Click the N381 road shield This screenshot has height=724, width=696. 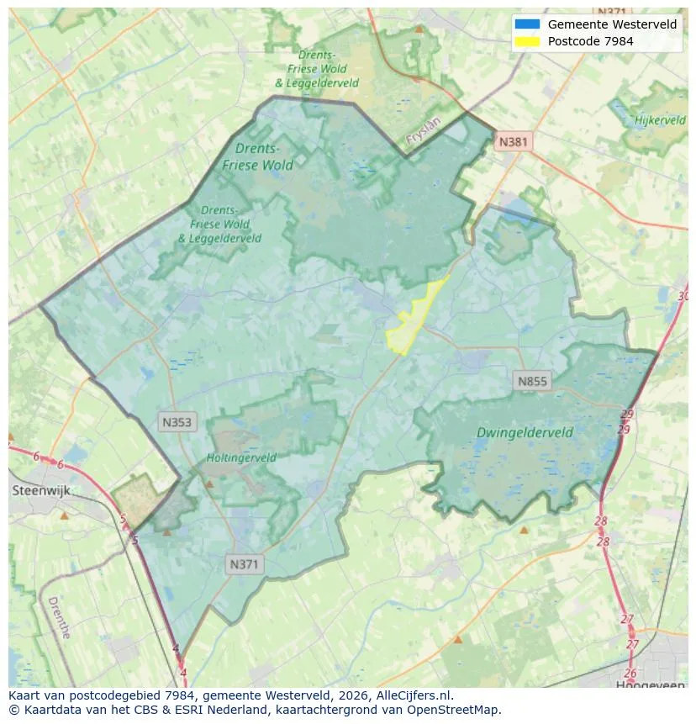513,141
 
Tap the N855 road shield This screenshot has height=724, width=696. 531,381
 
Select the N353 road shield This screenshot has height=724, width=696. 177,423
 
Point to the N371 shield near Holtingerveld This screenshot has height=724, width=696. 245,564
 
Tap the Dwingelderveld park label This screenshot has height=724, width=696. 525,432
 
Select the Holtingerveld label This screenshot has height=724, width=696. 241,458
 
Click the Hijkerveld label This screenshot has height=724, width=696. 660,120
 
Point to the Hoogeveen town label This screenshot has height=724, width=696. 650,684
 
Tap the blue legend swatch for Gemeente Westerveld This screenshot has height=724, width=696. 528,24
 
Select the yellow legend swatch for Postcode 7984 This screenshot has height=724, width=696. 528,40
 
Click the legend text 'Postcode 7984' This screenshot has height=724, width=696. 590,40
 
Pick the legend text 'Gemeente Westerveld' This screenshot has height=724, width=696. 612,24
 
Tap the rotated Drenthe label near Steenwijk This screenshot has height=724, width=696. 59,618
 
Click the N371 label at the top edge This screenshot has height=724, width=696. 611,12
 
